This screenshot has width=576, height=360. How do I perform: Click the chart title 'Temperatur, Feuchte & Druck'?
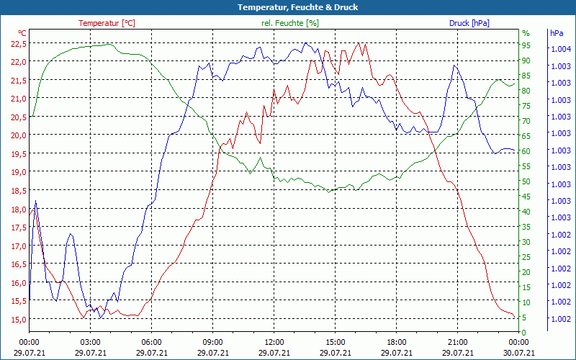(287, 7)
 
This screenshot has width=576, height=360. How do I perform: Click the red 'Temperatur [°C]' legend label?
(107, 23)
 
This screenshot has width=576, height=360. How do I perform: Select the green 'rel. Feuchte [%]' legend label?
(289, 23)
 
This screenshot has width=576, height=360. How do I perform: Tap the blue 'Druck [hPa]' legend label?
(469, 23)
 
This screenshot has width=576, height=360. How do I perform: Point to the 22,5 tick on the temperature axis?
(18, 43)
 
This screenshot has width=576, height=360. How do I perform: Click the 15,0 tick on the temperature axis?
(18, 320)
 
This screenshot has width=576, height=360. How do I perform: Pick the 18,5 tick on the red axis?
(18, 191)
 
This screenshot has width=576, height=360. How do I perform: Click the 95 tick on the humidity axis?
(526, 43)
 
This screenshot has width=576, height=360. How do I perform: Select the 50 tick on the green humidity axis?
(526, 181)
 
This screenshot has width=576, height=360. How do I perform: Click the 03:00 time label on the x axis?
(90, 343)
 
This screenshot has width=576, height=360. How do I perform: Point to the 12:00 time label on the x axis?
(274, 343)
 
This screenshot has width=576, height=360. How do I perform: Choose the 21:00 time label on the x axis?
(457, 343)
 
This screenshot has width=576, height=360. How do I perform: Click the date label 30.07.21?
(518, 353)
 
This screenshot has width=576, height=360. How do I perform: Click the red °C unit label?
(22, 33)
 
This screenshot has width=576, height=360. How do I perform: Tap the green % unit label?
(526, 33)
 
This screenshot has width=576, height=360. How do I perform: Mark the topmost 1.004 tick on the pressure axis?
(560, 49)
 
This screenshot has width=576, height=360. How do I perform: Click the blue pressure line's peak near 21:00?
(454, 66)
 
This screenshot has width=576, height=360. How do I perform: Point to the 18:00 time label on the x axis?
(396, 343)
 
